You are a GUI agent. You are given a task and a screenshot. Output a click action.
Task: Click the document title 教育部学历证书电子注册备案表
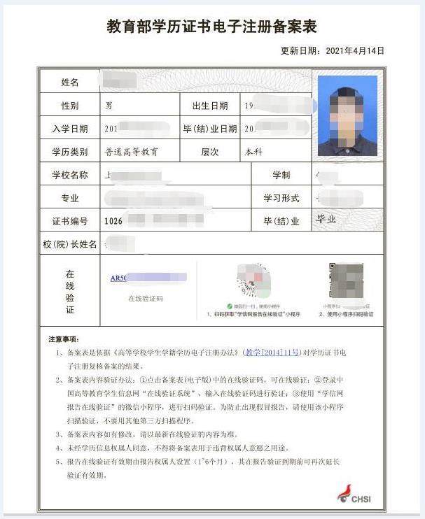pyautogui.click(x=211, y=27)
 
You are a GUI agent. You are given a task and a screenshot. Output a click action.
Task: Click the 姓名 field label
pyautogui.click(x=70, y=83)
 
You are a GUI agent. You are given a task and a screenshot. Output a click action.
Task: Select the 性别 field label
pyautogui.click(x=70, y=106)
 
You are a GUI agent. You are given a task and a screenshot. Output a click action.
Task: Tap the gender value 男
pyautogui.click(x=109, y=106)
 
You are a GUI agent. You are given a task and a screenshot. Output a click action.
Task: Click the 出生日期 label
pyautogui.click(x=210, y=106)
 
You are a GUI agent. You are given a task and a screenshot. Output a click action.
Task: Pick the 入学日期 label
pyautogui.click(x=70, y=129)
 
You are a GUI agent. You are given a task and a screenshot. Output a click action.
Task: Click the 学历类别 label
pyautogui.click(x=70, y=152)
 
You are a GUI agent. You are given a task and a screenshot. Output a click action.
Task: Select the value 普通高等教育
pyautogui.click(x=132, y=152)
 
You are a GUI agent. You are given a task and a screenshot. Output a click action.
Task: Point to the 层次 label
pyautogui.click(x=210, y=152)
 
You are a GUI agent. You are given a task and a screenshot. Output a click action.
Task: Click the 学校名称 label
pyautogui.click(x=70, y=175)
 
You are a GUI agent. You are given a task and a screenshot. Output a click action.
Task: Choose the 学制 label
pyautogui.click(x=281, y=175)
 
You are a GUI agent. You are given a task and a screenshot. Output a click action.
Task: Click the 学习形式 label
pyautogui.click(x=281, y=198)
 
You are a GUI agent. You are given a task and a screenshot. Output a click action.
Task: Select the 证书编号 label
pyautogui.click(x=70, y=221)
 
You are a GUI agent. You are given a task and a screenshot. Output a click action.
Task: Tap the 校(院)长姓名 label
pyautogui.click(x=70, y=244)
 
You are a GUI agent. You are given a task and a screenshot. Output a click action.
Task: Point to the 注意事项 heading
pyautogui.click(x=64, y=339)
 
